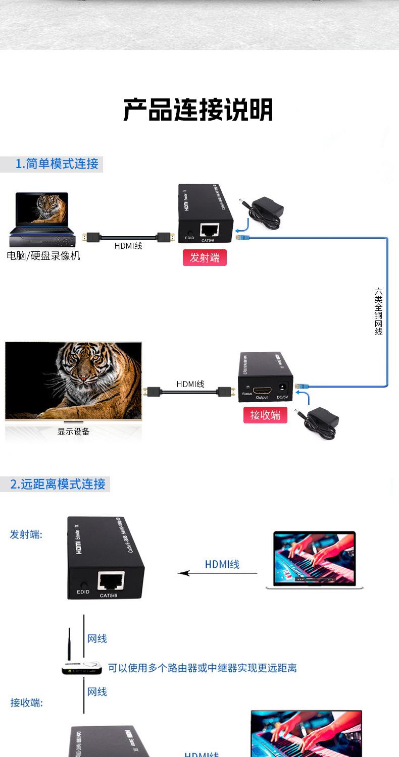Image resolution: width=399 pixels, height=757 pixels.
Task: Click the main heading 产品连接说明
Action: [198, 110]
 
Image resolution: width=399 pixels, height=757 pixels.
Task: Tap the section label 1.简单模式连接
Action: [57, 164]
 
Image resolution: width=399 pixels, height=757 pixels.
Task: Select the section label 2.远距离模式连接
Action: [58, 484]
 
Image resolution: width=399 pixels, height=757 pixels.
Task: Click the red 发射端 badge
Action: [205, 257]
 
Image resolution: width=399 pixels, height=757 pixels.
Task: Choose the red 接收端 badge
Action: [265, 415]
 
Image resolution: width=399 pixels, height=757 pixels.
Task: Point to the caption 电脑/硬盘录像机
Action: [43, 256]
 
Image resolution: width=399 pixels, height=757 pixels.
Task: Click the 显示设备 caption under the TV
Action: [73, 431]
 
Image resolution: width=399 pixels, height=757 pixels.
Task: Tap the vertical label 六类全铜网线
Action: [379, 311]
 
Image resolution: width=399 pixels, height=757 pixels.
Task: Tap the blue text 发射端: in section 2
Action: [26, 534]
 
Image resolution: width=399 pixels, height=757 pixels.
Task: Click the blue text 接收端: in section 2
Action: [27, 702]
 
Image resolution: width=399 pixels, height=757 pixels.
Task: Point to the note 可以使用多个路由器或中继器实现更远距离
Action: [202, 668]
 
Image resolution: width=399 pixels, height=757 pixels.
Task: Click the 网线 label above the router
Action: [97, 639]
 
